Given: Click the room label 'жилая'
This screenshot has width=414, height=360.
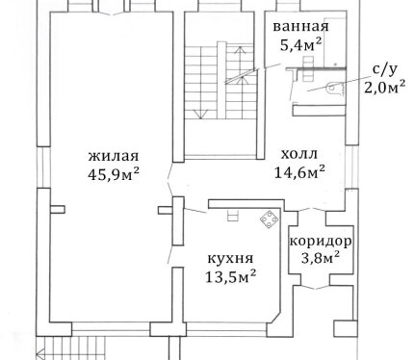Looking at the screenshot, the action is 114,156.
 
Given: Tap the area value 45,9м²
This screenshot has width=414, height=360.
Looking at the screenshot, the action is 114,174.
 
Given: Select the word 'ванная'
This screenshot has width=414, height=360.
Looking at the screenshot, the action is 300,27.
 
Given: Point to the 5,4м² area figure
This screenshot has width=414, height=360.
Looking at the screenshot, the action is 300,44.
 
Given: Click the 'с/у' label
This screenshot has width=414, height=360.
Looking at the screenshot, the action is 384,69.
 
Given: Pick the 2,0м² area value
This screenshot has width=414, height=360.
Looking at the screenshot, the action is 384,87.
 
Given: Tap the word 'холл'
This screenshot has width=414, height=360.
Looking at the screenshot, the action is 299,154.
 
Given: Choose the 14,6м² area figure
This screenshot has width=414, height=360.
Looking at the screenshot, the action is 299,172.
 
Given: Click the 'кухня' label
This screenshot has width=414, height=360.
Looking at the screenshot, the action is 230,258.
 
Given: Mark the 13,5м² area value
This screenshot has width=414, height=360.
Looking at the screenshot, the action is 230,276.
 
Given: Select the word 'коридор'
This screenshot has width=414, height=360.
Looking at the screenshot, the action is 321,242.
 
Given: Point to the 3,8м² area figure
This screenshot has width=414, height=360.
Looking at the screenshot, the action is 321,257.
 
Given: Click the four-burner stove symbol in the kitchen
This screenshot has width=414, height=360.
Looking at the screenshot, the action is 269,219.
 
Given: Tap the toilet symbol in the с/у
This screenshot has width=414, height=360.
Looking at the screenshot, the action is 334,89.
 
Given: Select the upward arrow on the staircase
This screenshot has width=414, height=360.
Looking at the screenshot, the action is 240,65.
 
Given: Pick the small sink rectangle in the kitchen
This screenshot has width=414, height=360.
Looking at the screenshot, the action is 233,216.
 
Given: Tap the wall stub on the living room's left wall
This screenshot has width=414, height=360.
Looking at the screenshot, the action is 58,209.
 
